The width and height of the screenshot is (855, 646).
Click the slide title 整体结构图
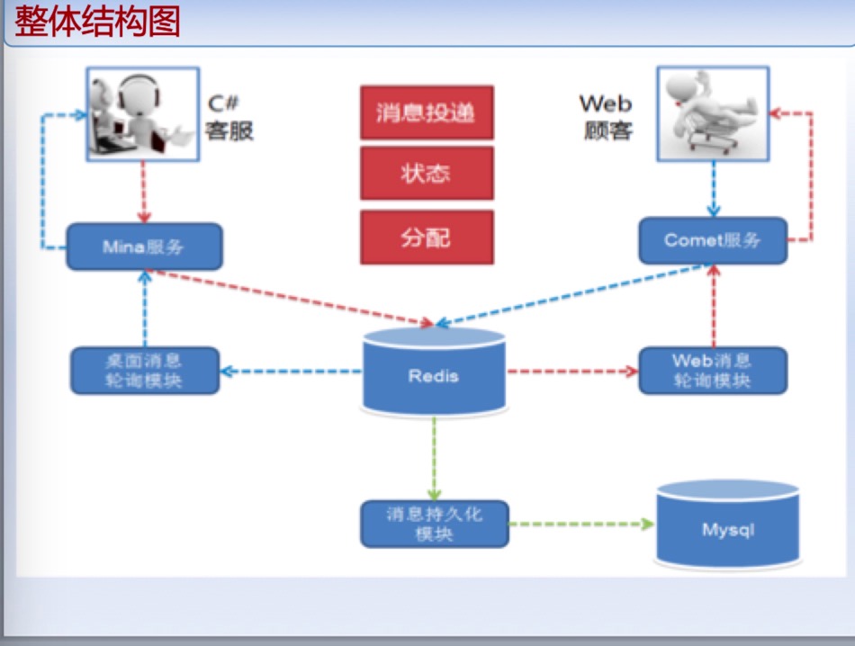coord(97,22)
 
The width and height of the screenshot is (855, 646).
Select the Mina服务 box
coord(145,246)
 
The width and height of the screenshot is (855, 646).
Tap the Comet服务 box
coord(712,240)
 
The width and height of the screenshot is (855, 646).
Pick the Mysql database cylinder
coord(727,527)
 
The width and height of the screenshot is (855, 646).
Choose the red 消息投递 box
coord(427,112)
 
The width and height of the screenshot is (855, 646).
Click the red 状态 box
coord(427,174)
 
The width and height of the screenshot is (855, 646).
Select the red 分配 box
coord(427,238)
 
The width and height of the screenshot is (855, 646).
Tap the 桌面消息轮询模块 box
coord(145,370)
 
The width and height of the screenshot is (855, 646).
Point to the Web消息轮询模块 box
coord(712,370)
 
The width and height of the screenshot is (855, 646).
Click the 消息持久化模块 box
coord(434,524)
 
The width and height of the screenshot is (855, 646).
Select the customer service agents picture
coord(141,113)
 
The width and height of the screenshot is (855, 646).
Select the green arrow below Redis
coord(434,459)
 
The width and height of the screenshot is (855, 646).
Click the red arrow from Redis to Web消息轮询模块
coord(572,370)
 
